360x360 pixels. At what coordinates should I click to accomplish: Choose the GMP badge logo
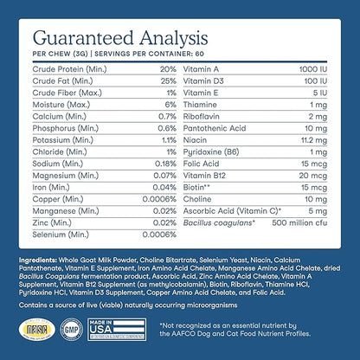75,332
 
